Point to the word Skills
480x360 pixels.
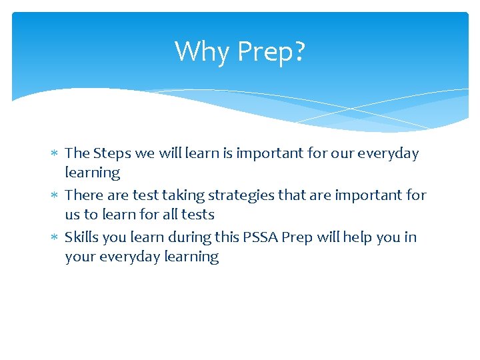[x=81, y=237]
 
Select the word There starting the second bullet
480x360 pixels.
[x=84, y=195]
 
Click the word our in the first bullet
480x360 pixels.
[x=341, y=154]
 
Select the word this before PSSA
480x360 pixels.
[x=261, y=237]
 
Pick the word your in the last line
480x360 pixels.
[x=79, y=257]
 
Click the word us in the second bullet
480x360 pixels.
[x=73, y=215]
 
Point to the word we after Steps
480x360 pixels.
[x=145, y=154]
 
